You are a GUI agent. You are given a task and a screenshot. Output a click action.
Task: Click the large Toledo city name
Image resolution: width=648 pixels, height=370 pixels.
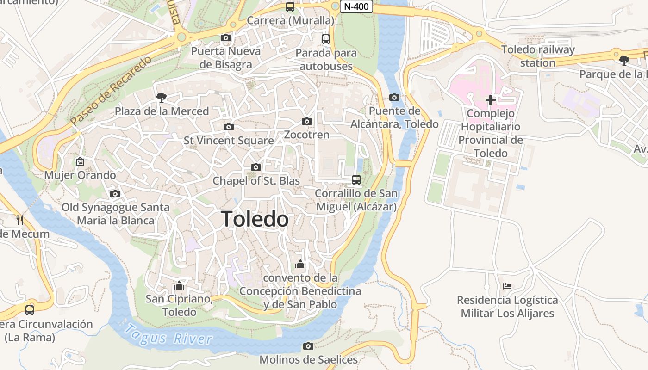click(255, 219)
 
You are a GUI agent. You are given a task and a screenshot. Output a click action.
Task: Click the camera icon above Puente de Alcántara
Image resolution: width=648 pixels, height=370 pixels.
click(394, 97)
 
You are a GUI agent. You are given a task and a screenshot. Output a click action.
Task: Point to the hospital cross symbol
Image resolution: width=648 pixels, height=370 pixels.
click(490, 99)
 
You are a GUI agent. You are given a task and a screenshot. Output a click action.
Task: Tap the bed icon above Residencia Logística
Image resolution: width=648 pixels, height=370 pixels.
click(507, 286)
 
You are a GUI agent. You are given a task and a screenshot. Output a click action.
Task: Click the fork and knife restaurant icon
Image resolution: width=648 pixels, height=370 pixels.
click(19, 220)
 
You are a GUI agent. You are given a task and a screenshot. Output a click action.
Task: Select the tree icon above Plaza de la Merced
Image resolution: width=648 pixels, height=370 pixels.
click(162, 98)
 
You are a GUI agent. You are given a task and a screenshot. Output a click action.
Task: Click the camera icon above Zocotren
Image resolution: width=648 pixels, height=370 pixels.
click(306, 121)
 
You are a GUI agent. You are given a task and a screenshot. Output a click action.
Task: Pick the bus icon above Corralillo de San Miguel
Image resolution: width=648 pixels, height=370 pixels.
click(356, 180)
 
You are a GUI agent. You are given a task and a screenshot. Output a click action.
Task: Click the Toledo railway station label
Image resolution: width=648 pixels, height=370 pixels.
click(538, 56)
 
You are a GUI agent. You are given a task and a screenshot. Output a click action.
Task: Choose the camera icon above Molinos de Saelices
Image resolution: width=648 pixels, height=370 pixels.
click(308, 346)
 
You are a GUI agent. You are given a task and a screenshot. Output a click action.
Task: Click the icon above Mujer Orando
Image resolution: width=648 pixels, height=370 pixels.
click(80, 161)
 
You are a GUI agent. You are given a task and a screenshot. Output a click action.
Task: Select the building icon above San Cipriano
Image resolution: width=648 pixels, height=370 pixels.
click(179, 285)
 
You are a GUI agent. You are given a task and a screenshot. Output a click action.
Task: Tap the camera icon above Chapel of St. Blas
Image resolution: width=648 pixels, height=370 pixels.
click(256, 167)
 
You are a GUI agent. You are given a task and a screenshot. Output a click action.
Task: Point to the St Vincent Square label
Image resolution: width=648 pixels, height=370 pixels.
click(229, 140)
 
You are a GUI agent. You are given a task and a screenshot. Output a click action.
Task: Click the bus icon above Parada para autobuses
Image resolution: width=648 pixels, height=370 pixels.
click(326, 39)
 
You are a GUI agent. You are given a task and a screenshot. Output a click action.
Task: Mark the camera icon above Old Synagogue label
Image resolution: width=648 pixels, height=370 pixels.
click(115, 194)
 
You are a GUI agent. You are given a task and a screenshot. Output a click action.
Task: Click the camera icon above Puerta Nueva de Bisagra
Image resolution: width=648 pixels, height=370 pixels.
click(226, 37)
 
